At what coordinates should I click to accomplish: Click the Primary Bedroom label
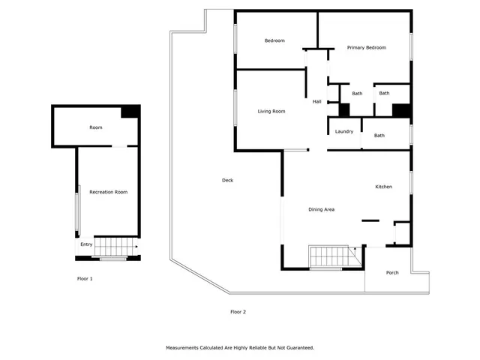point(366,47)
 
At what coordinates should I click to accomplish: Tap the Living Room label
point(271,112)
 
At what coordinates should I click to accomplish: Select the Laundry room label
point(344,132)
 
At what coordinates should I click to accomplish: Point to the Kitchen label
point(384,187)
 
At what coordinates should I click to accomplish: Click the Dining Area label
point(321,209)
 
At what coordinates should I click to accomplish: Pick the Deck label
point(227,180)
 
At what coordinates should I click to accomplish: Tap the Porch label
point(392,272)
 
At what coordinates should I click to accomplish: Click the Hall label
point(317,101)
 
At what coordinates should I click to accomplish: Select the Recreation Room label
point(108,192)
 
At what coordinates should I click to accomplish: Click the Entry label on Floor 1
point(86,244)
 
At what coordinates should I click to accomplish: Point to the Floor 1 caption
point(85,279)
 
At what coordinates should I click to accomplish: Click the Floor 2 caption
point(238,311)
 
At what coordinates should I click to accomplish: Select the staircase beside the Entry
point(117,245)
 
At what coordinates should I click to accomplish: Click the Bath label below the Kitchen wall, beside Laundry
point(379,136)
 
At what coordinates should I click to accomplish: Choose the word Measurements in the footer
point(186,348)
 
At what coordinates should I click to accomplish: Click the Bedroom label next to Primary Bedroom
point(274,40)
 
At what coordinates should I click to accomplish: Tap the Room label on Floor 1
point(96,127)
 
